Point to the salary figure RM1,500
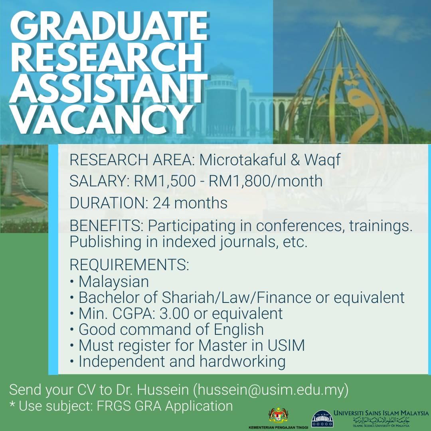click(165, 181)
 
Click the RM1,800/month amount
click(265, 181)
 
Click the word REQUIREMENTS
click(129, 265)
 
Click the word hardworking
click(243, 362)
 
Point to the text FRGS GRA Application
click(165, 406)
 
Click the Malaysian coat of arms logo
click(279, 415)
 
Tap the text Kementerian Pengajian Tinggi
click(278, 428)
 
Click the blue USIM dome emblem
click(322, 418)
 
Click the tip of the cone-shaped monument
click(339, 22)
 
